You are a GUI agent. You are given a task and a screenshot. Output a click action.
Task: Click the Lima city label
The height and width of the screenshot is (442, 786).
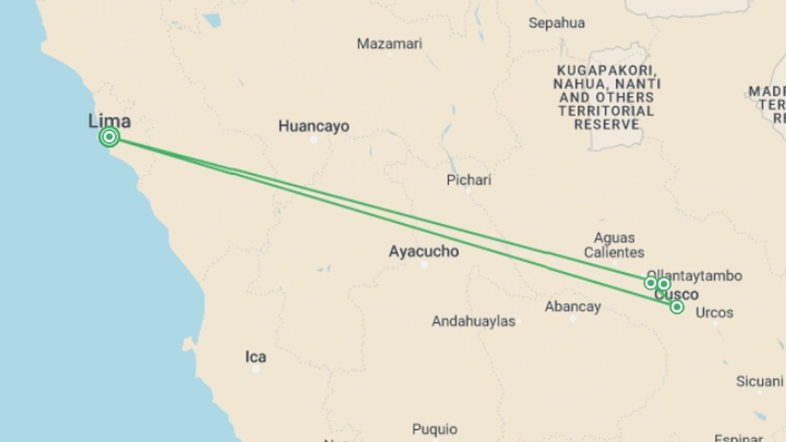pyautogui.click(x=109, y=121)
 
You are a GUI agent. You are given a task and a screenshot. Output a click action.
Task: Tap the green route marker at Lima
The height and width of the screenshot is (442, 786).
pyautogui.click(x=109, y=137)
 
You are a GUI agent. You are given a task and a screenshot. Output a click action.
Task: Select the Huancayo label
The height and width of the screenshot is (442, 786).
pyautogui.click(x=314, y=126)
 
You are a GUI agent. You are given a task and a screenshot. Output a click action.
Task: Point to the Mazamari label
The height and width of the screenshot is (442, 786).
pyautogui.click(x=389, y=44)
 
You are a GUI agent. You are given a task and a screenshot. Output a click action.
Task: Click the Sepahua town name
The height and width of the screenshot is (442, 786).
pyautogui.click(x=556, y=23)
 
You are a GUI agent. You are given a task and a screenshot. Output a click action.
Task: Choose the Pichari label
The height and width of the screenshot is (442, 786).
pyautogui.click(x=469, y=180)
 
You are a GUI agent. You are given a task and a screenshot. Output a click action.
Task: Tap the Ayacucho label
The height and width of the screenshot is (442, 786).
pyautogui.click(x=424, y=251)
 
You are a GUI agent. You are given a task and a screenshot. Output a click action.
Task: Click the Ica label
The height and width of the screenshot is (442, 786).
pyautogui.click(x=255, y=357)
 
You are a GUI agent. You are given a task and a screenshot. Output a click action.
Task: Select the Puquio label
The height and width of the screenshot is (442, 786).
pyautogui.click(x=434, y=429)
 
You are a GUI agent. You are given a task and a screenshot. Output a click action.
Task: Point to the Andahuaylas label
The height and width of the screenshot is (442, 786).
pyautogui.click(x=473, y=321)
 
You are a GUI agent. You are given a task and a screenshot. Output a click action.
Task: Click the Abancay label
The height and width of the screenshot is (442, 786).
pyautogui.click(x=573, y=307)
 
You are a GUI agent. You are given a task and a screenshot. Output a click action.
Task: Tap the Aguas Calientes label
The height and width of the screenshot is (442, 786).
pyautogui.click(x=614, y=245)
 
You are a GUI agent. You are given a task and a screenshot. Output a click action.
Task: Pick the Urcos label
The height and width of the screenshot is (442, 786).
pyautogui.click(x=714, y=313)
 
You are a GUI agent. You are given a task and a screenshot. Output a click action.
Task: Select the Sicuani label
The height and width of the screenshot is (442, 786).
pyautogui.click(x=759, y=381)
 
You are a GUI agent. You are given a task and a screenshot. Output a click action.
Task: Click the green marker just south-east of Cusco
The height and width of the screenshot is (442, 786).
pyautogui.click(x=677, y=307)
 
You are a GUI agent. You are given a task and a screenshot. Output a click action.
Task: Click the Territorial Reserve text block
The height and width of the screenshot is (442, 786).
pyautogui.click(x=607, y=97)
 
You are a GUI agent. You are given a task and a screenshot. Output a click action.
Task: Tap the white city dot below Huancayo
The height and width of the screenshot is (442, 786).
pyautogui.click(x=314, y=140)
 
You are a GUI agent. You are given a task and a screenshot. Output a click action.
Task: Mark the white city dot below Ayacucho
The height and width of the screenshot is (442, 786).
pyautogui.click(x=424, y=265)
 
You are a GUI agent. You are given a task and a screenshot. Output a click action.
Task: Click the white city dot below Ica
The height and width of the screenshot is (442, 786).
pyautogui.click(x=256, y=369)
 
